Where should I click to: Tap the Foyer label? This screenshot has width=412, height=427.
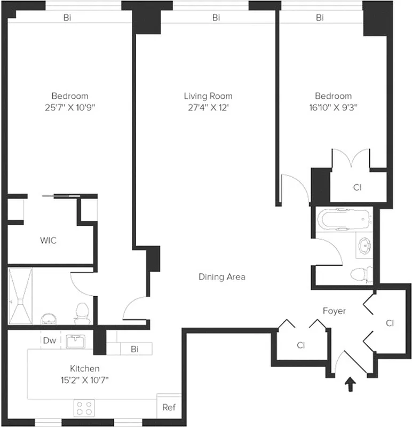pyautogui.click(x=334, y=311)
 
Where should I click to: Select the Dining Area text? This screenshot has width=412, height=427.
pyautogui.click(x=221, y=277)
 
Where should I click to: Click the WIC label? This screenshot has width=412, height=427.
pyautogui.click(x=48, y=240)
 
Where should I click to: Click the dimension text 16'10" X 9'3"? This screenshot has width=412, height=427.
pyautogui.click(x=333, y=107)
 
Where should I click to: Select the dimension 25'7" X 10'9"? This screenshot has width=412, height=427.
pyautogui.click(x=70, y=107)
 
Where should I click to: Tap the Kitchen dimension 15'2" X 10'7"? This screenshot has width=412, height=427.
pyautogui.click(x=85, y=379)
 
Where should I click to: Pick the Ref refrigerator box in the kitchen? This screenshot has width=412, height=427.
pyautogui.click(x=169, y=407)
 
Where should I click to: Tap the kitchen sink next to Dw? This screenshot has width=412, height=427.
pyautogui.click(x=79, y=341)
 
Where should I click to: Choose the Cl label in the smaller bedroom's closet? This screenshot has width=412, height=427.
pyautogui.click(x=357, y=187)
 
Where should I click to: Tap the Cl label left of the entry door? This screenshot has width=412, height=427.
pyautogui.click(x=300, y=345)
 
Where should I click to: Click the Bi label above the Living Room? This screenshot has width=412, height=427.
pyautogui.click(x=216, y=18)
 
